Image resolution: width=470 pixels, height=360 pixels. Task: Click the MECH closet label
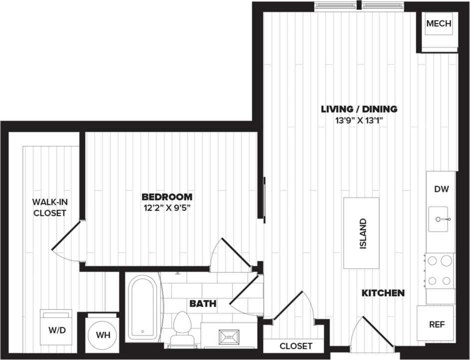point(439,24)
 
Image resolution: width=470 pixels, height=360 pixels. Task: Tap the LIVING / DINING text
point(359,108)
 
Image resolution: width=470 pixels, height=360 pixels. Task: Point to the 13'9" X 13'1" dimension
point(359,120)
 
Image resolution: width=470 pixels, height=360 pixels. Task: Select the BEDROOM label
point(167,196)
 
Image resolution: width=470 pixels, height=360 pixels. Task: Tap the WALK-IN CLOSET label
point(49,207)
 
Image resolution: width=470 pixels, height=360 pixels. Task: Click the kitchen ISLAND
point(362,233)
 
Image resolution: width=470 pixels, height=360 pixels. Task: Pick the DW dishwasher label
point(442,189)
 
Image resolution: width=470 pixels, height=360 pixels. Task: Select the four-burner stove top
point(440,270)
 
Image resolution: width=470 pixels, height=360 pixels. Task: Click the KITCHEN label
point(383,293)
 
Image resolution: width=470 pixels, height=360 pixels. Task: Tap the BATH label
point(202,303)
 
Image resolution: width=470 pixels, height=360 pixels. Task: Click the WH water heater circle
point(102,334)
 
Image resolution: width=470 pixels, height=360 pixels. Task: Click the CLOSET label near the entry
point(296,346)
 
